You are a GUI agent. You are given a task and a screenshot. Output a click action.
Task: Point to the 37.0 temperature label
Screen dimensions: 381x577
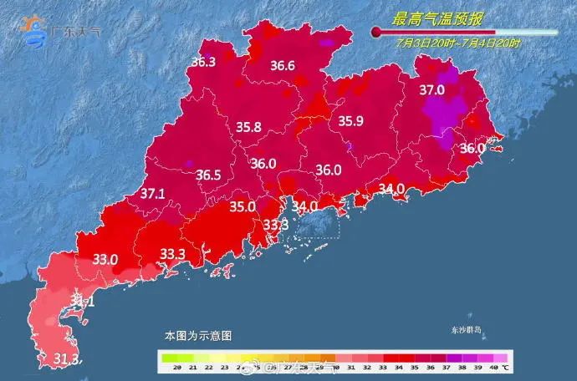point(431,89)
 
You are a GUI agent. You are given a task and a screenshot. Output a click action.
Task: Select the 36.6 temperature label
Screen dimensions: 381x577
point(282,66)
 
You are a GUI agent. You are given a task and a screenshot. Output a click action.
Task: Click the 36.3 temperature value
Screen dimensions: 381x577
point(203,62)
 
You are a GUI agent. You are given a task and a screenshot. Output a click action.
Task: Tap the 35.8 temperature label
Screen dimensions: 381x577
point(248,128)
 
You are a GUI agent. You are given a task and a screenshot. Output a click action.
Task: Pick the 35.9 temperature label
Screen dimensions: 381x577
point(350,121)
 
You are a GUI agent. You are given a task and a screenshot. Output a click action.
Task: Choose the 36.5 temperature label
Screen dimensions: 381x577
point(208,175)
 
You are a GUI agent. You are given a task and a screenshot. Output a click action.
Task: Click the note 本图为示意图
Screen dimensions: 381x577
point(197,335)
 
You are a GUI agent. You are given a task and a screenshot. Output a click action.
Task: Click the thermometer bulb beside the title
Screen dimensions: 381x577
point(377,32)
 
